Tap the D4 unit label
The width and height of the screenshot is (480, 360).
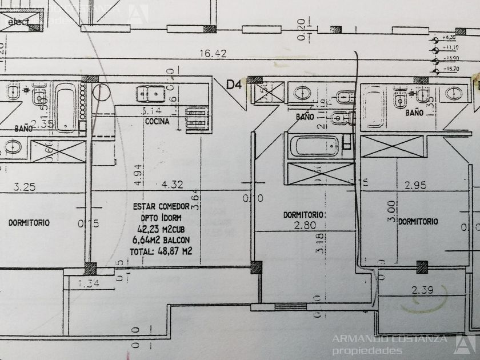coord(233,85)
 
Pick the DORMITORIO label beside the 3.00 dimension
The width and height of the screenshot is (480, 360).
coord(418,222)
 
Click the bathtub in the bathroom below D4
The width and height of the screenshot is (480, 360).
coord(317,146)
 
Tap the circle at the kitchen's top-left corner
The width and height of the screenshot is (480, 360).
coord(101,92)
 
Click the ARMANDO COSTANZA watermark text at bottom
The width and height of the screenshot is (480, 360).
coord(391,339)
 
